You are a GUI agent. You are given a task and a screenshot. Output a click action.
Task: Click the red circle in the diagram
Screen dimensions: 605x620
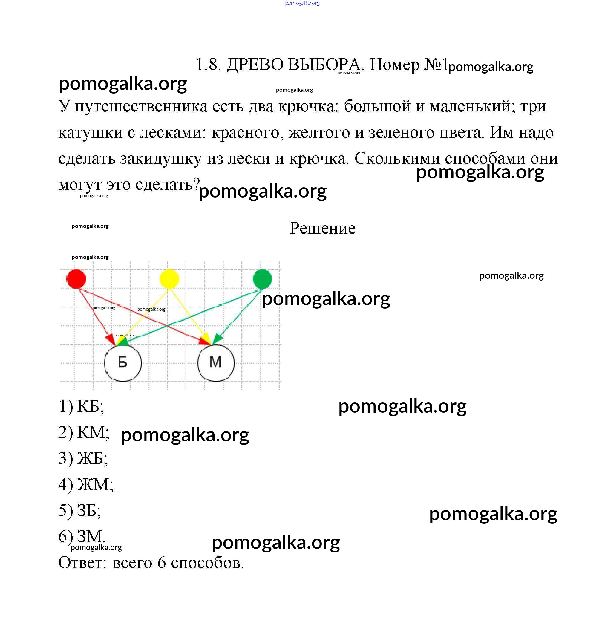76,279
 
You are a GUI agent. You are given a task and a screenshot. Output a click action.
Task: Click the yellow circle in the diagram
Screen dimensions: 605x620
169,279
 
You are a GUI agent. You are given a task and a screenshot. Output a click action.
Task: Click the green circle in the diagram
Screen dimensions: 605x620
262,279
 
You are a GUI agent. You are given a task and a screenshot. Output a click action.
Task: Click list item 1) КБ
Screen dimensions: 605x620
81,406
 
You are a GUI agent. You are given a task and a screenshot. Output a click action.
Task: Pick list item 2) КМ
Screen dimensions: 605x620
84,432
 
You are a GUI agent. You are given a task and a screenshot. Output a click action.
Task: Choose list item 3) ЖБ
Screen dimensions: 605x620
83,458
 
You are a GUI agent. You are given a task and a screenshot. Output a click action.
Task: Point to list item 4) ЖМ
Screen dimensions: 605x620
86,484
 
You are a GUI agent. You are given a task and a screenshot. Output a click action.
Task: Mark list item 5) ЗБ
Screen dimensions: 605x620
80,510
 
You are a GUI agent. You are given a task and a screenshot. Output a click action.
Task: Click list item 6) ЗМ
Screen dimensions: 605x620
82,536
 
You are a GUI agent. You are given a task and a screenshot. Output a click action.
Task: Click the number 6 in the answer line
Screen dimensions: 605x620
162,563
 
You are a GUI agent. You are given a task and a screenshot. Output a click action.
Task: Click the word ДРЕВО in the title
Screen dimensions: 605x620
255,65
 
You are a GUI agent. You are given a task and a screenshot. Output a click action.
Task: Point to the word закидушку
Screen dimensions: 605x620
160,158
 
